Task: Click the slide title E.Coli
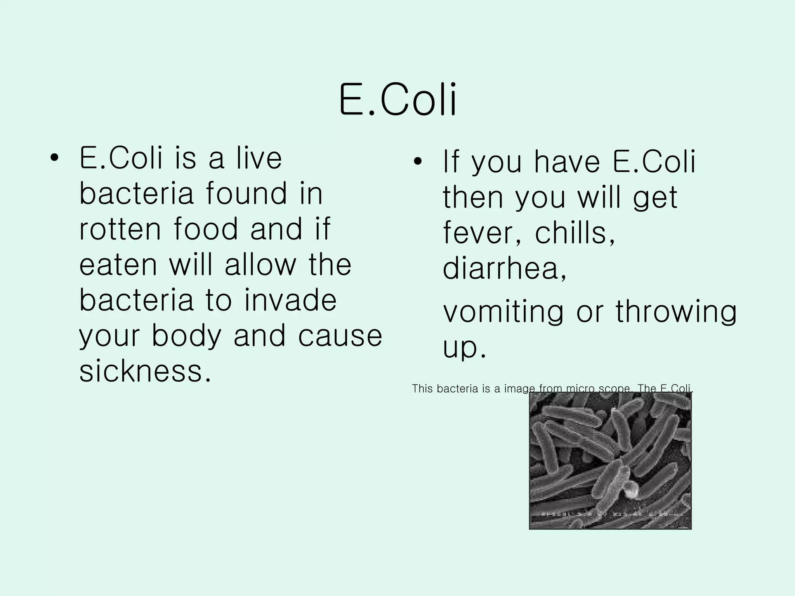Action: point(397,100)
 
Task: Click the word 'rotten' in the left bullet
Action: point(120,229)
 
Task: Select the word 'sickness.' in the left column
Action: point(146,371)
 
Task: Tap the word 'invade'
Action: point(290,300)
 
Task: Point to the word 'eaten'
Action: point(118,265)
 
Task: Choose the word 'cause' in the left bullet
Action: point(340,336)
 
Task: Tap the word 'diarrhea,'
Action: point(505,268)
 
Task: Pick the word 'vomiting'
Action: point(503,312)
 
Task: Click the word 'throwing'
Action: point(676,312)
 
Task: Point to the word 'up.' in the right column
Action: point(464,347)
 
